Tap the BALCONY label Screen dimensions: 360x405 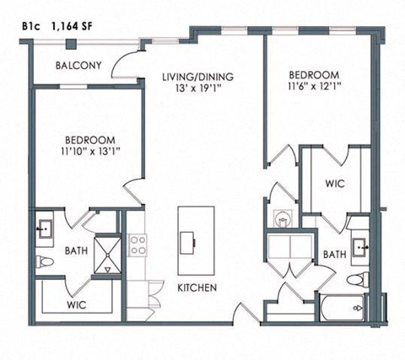(79, 66)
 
